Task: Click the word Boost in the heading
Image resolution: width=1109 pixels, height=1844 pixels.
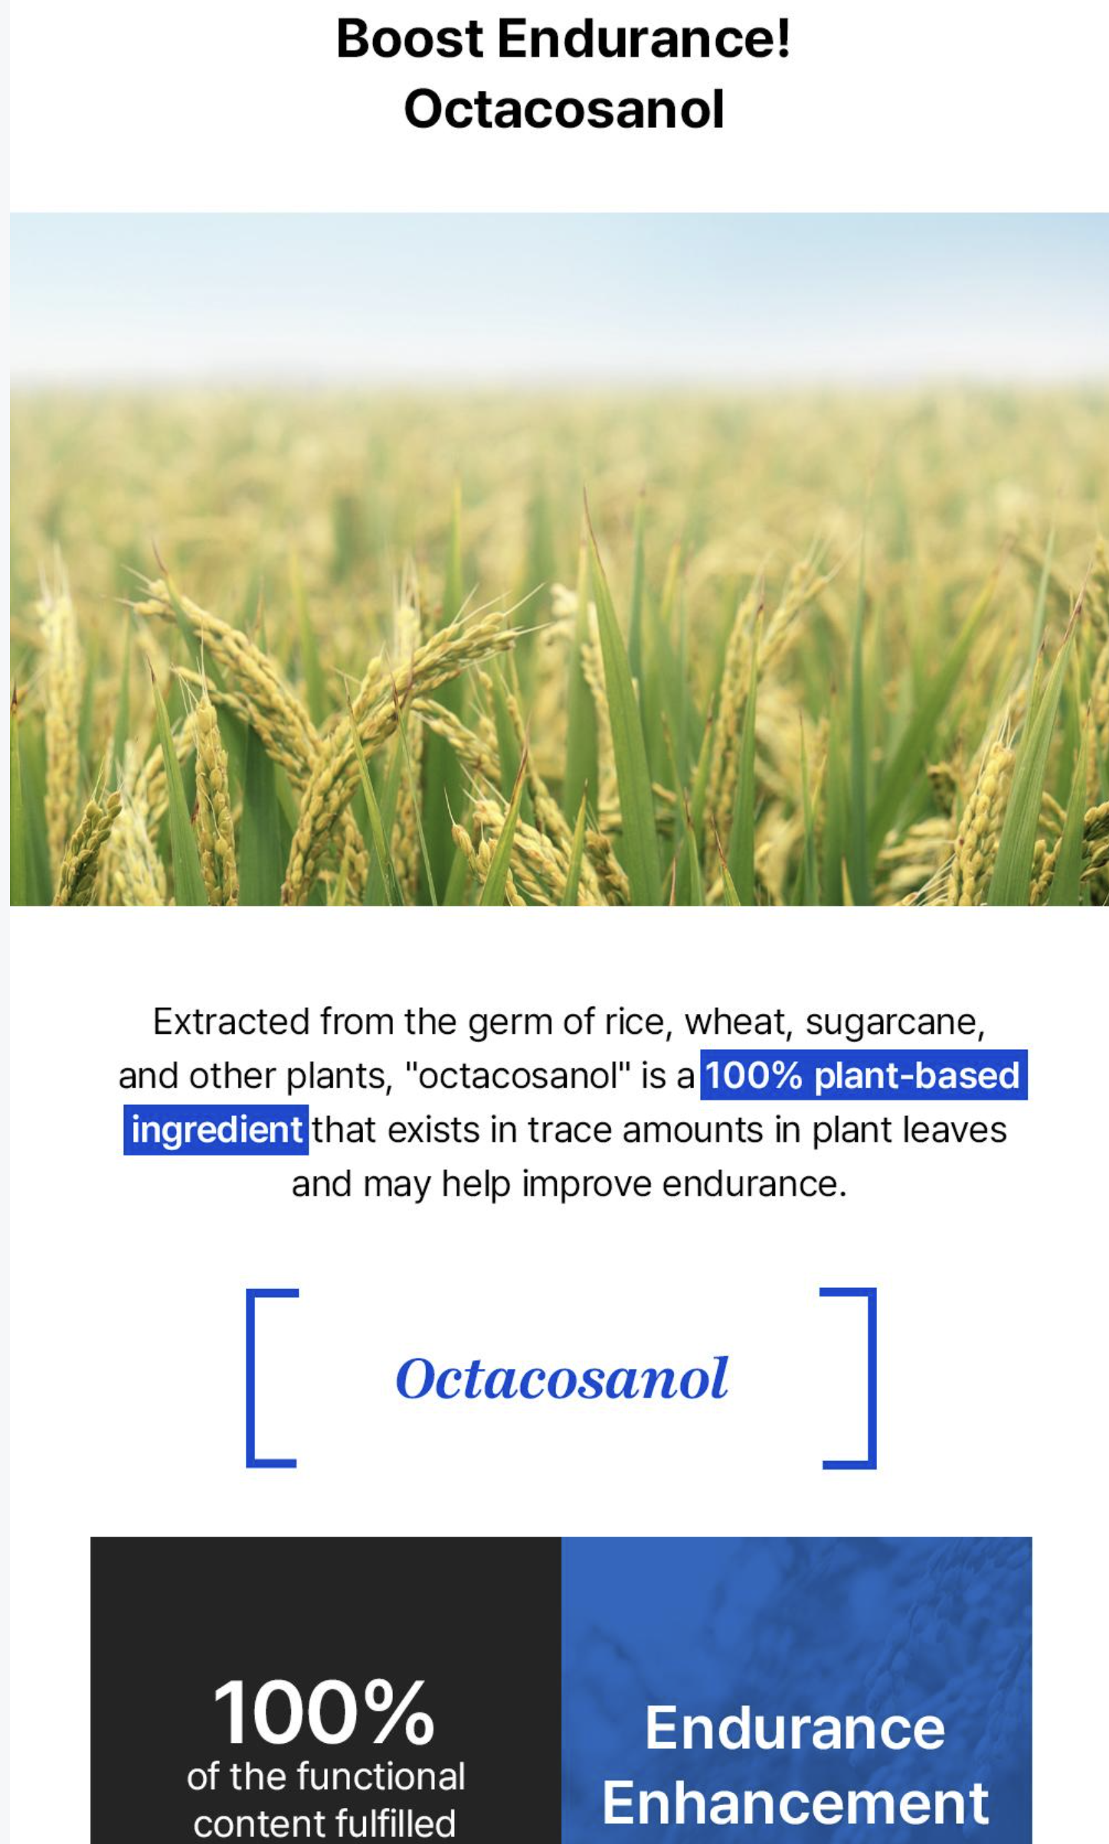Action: coord(410,39)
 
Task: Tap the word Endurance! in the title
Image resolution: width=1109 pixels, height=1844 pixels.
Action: coord(643,39)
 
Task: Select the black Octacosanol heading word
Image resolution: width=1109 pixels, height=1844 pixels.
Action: coord(564,109)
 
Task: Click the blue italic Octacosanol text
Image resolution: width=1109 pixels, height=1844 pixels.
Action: coord(561,1379)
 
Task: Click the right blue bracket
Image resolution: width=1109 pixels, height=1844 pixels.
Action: coord(872,1378)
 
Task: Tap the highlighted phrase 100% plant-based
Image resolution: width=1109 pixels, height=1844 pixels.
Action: coord(863,1075)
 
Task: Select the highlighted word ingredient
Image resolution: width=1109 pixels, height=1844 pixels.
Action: coord(216,1130)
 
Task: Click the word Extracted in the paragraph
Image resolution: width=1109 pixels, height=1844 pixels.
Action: coord(231,1022)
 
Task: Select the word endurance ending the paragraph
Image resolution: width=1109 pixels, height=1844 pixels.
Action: coord(754,1184)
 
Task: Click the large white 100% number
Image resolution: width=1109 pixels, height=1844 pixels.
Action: coord(324,1712)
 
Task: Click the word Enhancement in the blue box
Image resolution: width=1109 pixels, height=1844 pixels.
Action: coord(795,1803)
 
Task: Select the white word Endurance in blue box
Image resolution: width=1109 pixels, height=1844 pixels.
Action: coord(795,1728)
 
